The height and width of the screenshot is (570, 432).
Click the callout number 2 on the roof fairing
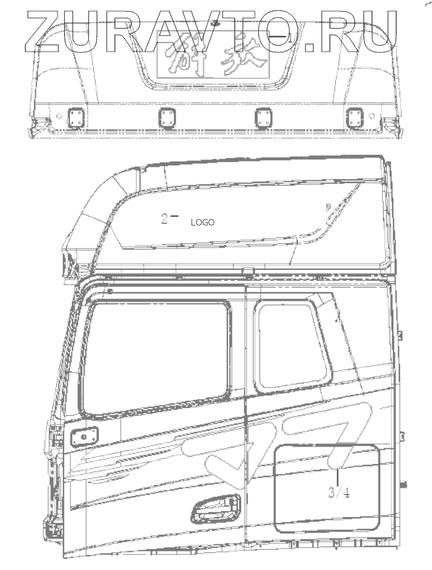[x=165, y=218]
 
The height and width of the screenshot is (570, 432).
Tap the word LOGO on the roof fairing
[x=203, y=222]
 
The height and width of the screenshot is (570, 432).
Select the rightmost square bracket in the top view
[x=356, y=118]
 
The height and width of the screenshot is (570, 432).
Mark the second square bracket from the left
[x=167, y=118]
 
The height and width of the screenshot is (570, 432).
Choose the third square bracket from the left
[x=263, y=118]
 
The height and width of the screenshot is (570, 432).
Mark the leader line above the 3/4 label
[x=337, y=464]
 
